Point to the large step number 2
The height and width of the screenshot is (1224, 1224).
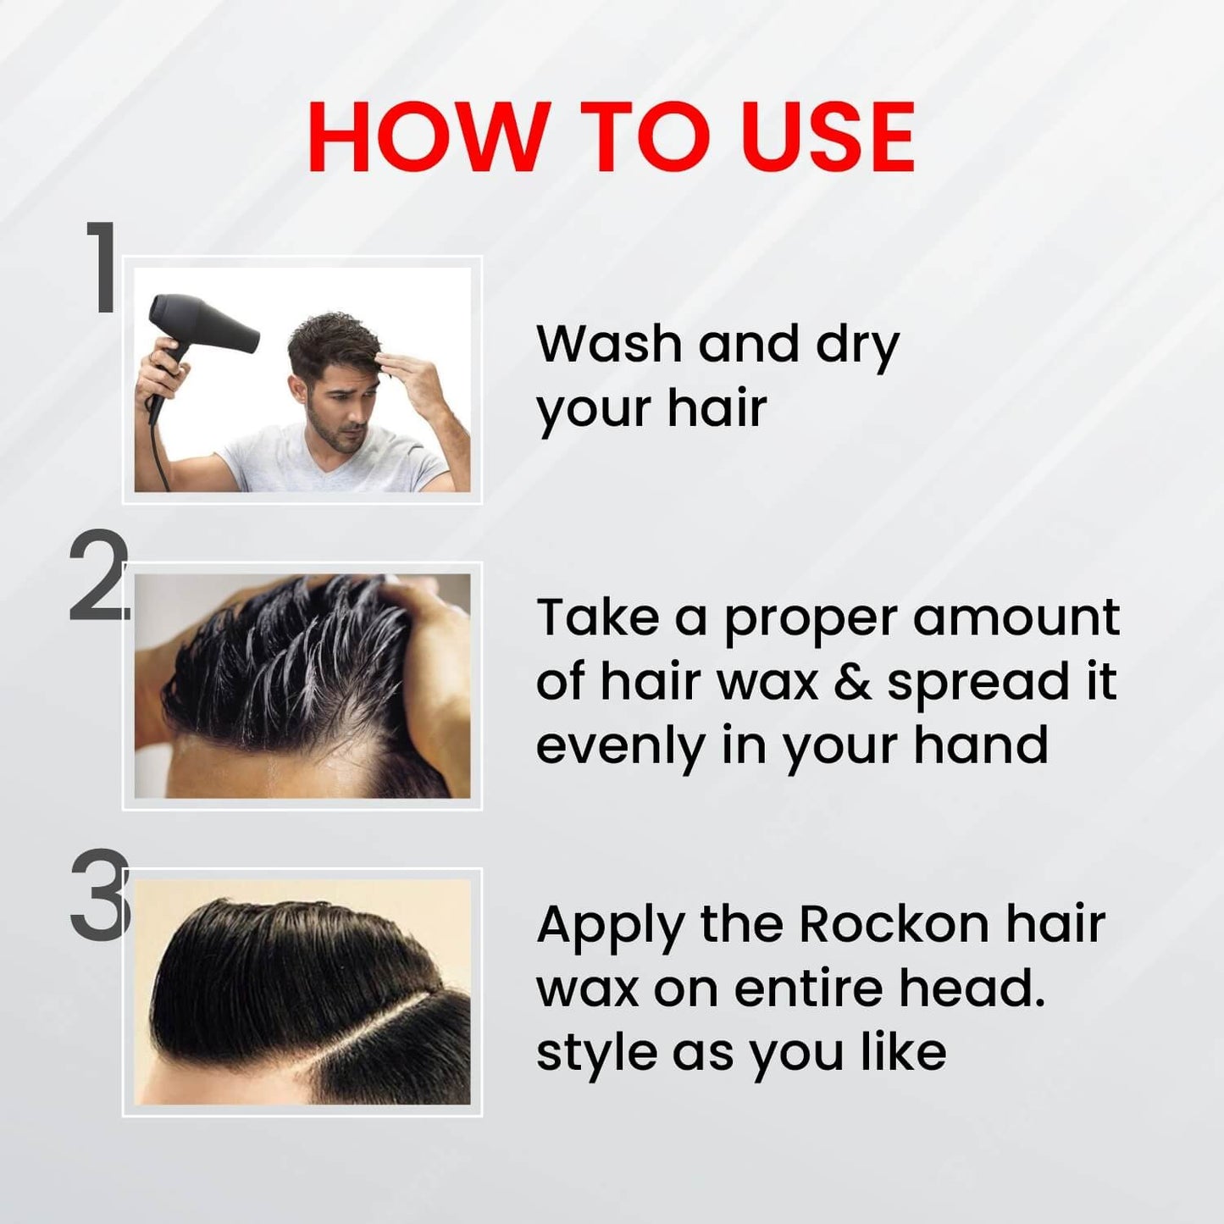(98, 575)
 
